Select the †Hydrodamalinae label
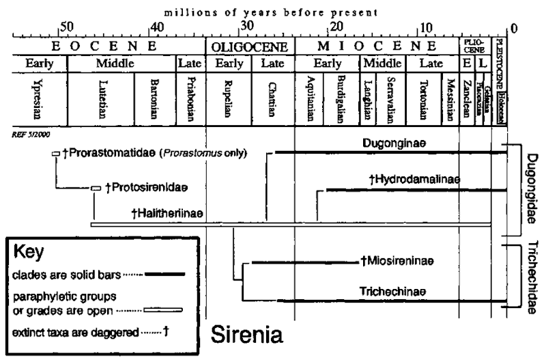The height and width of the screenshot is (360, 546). (414, 180)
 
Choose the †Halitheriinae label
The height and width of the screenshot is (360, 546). (167, 213)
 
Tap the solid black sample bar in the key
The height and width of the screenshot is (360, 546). (165, 274)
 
